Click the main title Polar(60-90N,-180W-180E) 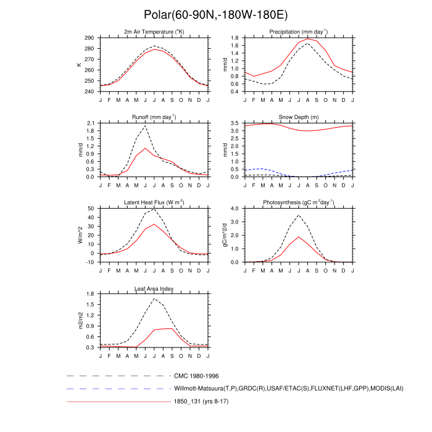pyautogui.click(x=215, y=14)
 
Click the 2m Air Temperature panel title pyautogui.click(x=154, y=31)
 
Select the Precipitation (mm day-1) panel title pyautogui.click(x=298, y=31)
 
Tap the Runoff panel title pyautogui.click(x=154, y=117)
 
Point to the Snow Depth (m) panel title pyautogui.click(x=298, y=117)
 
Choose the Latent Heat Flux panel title pyautogui.click(x=154, y=202)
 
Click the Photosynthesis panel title pyautogui.click(x=298, y=202)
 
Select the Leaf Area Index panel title pyautogui.click(x=154, y=288)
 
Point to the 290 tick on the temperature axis pyautogui.click(x=89, y=38)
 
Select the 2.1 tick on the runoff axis pyautogui.click(x=90, y=123)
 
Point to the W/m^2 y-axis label pyautogui.click(x=80, y=235)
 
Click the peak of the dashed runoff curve pyautogui.click(x=146, y=125)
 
